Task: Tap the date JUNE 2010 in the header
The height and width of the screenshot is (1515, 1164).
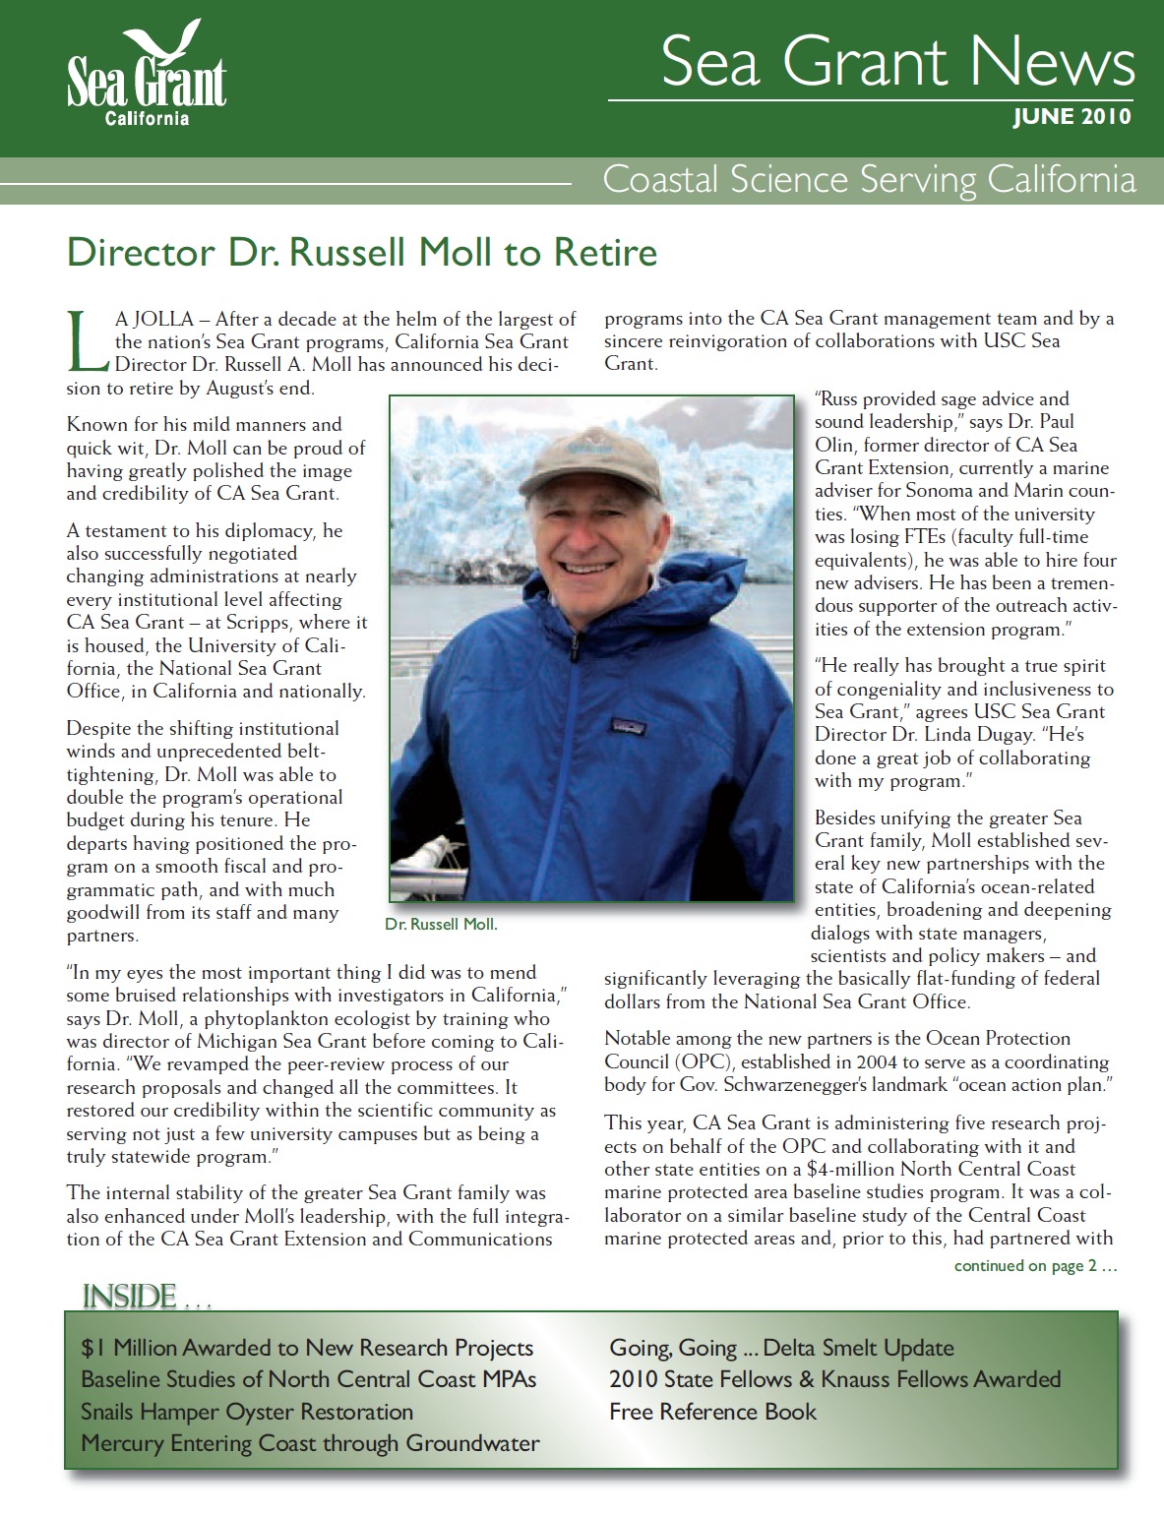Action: (1072, 117)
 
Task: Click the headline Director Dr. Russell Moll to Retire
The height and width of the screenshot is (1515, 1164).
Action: (361, 253)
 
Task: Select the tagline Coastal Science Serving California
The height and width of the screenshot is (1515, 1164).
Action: (869, 180)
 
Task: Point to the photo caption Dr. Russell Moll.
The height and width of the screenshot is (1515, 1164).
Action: (442, 925)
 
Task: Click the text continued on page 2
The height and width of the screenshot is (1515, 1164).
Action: (1035, 1266)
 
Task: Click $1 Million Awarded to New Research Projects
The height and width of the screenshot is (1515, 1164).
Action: (307, 1348)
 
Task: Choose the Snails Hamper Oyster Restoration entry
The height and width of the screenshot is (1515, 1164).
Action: (247, 1412)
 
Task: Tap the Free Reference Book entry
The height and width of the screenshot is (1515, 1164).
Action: (712, 1412)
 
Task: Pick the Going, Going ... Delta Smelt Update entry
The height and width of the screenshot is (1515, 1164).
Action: (781, 1348)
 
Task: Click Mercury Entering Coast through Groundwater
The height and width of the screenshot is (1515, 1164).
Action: (310, 1443)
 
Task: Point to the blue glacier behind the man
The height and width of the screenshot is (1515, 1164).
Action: (462, 472)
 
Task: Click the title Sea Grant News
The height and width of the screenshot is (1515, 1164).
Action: (898, 61)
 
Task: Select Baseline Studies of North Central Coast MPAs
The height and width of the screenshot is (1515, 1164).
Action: (309, 1379)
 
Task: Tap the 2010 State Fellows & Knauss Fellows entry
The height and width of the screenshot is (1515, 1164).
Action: (834, 1379)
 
